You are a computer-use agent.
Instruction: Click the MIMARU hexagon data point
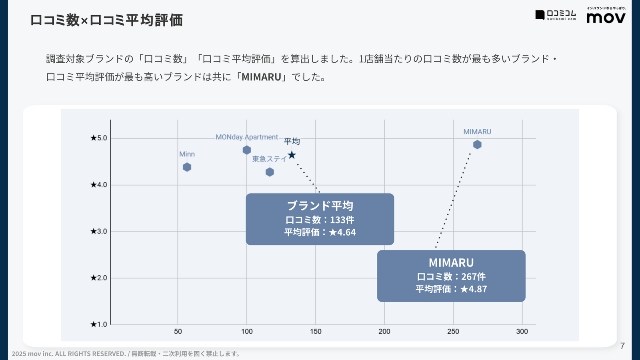pyautogui.click(x=477, y=144)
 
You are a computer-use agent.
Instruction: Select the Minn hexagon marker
pyautogui.click(x=187, y=167)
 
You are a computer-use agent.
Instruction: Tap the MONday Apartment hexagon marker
pyautogui.click(x=247, y=150)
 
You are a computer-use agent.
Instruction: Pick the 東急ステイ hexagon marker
pyautogui.click(x=270, y=172)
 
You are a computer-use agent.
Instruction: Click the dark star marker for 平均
pyautogui.click(x=292, y=155)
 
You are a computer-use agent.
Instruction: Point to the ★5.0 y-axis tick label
pyautogui.click(x=99, y=138)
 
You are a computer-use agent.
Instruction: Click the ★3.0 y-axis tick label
pyautogui.click(x=99, y=231)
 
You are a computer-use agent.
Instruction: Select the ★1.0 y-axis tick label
pyautogui.click(x=99, y=324)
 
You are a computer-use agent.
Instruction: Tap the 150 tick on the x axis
pyautogui.click(x=316, y=331)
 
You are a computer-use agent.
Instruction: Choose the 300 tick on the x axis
pyautogui.click(x=522, y=331)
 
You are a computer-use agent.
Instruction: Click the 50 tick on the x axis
pyautogui.click(x=178, y=331)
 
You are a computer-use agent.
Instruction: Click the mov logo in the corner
pyautogui.click(x=606, y=17)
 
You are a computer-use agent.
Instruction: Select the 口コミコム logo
pyautogui.click(x=556, y=15)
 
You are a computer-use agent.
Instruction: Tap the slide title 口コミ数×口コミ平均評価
pyautogui.click(x=106, y=20)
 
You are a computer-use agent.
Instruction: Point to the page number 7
pyautogui.click(x=622, y=346)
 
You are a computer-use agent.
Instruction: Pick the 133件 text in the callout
pyautogui.click(x=342, y=220)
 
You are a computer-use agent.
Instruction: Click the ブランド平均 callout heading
pyautogui.click(x=320, y=206)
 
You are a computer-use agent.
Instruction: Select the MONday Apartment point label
pyautogui.click(x=246, y=137)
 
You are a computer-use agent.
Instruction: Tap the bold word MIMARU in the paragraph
pyautogui.click(x=262, y=77)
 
